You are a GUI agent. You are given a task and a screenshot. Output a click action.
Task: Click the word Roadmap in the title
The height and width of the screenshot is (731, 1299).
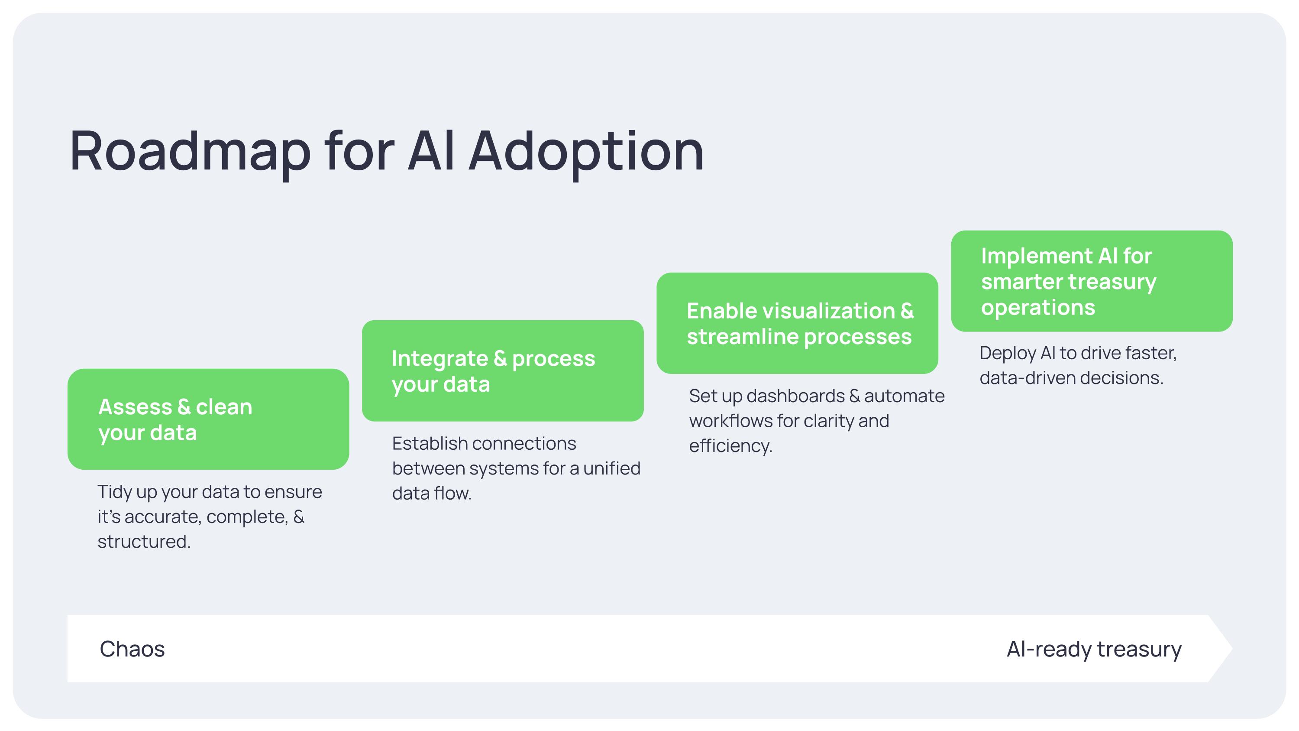tap(190, 152)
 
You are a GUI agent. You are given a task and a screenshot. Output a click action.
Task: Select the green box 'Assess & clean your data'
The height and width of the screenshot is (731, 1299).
tap(208, 419)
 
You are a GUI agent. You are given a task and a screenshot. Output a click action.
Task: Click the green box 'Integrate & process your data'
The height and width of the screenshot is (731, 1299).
tap(503, 371)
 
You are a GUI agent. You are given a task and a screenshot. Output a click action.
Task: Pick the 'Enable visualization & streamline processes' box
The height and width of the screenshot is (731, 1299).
tap(797, 323)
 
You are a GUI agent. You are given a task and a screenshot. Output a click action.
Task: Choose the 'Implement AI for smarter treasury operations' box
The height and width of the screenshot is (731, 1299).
tap(1092, 281)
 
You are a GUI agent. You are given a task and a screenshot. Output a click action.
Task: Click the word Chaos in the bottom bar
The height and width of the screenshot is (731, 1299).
tap(132, 649)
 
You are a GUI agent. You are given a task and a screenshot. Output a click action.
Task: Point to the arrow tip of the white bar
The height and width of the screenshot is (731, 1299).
tap(1232, 649)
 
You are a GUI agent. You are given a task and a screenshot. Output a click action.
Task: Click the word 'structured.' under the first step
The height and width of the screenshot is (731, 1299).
tap(144, 542)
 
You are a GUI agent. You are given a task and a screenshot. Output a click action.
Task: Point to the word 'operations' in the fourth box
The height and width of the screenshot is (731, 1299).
tap(1038, 308)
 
